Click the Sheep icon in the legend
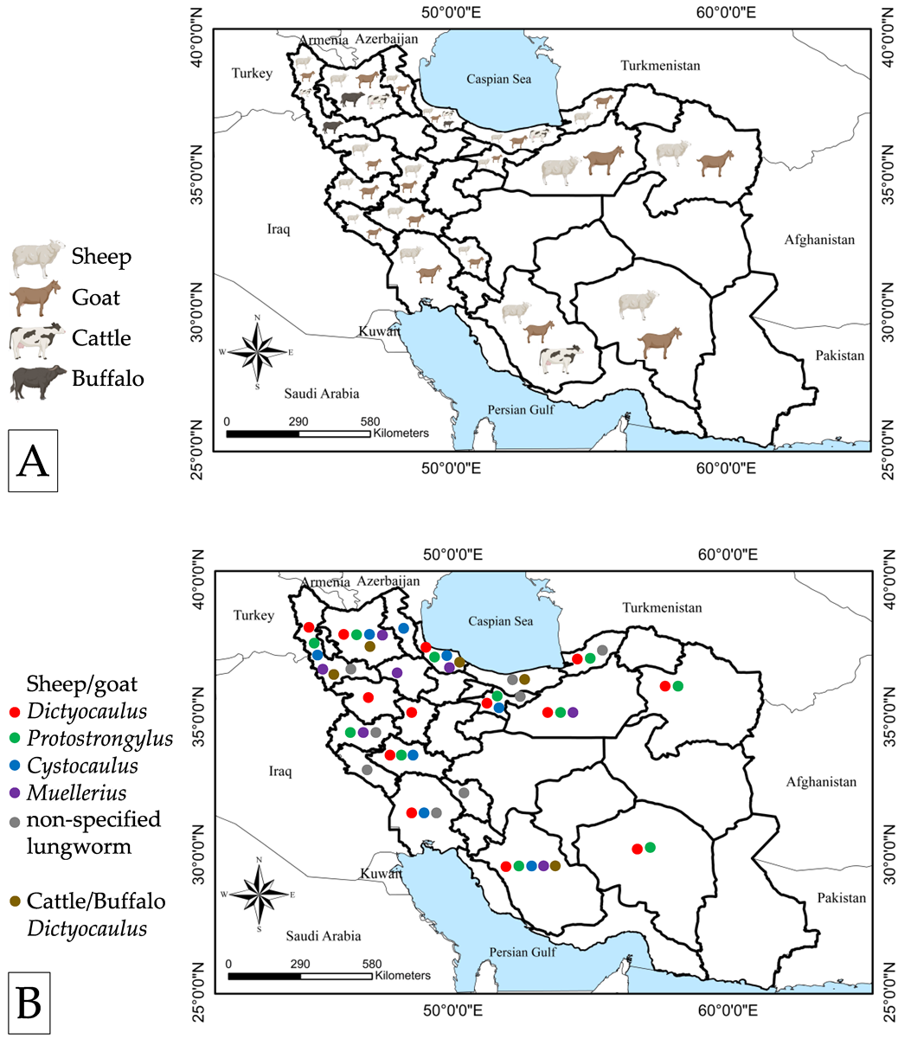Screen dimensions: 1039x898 tap(38, 257)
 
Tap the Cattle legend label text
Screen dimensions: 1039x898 tap(101, 337)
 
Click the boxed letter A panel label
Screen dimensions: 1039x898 tap(33, 460)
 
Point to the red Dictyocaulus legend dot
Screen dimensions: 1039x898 tap(14, 712)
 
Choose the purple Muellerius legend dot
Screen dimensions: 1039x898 tap(14, 792)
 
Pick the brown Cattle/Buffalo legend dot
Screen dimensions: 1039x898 tap(14, 901)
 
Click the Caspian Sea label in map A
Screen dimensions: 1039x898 tap(498, 80)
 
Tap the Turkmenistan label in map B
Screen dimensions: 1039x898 tap(662, 608)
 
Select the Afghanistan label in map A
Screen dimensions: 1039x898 tap(819, 240)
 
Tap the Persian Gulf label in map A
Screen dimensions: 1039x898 tap(519, 410)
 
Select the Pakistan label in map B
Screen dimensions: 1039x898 tap(841, 898)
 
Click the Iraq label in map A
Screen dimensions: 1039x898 tap(279, 229)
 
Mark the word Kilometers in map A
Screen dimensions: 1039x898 tap(401, 433)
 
